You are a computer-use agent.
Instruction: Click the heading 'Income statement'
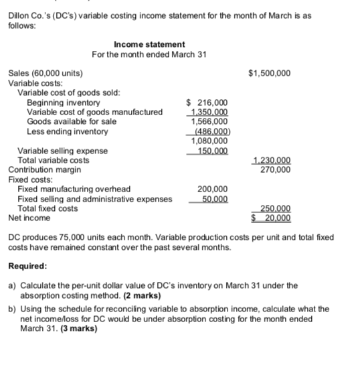click(149, 44)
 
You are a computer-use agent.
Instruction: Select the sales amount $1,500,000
click(269, 73)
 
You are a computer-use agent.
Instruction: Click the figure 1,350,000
click(209, 112)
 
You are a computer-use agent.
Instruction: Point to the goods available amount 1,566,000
click(209, 121)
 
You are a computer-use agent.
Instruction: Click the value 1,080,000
click(209, 141)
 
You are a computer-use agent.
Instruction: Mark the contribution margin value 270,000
click(274, 169)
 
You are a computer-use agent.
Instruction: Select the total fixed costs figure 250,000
click(274, 208)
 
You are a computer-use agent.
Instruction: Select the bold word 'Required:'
click(27, 266)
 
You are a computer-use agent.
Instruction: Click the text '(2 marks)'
click(139, 295)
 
